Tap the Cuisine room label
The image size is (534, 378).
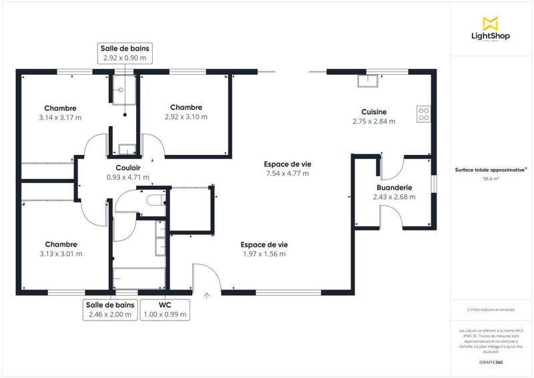click(x=374, y=112)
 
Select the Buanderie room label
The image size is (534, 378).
click(x=394, y=188)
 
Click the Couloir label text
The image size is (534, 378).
click(x=127, y=168)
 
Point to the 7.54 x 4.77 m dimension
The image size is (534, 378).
click(x=287, y=174)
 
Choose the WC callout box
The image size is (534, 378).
click(x=164, y=310)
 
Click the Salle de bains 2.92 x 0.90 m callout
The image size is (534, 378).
click(x=125, y=53)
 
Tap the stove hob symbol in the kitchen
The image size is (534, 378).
click(x=423, y=114)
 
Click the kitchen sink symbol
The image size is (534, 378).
click(x=366, y=81)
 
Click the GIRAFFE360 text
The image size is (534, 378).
click(x=491, y=361)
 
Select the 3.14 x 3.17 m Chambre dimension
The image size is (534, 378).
click(x=60, y=117)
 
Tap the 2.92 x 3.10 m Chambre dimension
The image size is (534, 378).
click(x=186, y=116)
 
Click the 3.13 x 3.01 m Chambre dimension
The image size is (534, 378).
click(x=60, y=254)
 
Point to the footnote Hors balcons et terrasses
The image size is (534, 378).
click(x=491, y=310)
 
